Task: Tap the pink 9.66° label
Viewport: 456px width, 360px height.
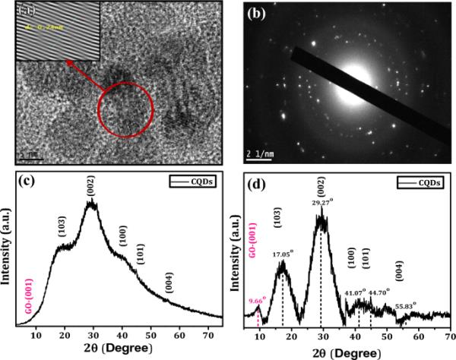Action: pyautogui.click(x=260, y=301)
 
